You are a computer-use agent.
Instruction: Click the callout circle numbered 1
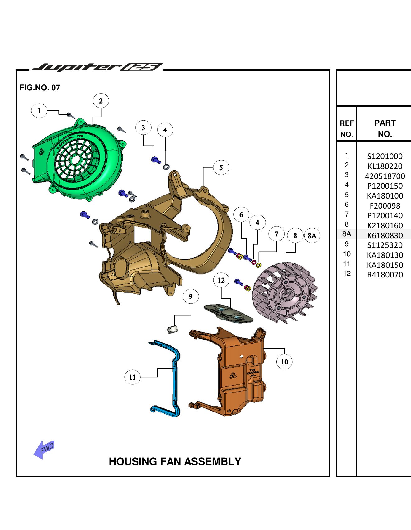click(x=39, y=111)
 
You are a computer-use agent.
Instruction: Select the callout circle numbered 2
click(x=101, y=101)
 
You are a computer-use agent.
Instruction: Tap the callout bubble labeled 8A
click(x=312, y=235)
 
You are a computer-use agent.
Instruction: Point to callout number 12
click(x=221, y=280)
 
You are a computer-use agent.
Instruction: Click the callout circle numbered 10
click(x=284, y=362)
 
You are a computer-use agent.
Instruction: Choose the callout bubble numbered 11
click(x=132, y=377)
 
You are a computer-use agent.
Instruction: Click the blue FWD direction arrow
click(x=44, y=449)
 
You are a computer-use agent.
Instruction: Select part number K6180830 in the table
click(x=385, y=235)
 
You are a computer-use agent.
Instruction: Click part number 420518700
click(x=385, y=176)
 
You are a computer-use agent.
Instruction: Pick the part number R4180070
click(x=385, y=275)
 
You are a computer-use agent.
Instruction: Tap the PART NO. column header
click(x=385, y=128)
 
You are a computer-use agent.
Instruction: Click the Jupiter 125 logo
click(x=97, y=67)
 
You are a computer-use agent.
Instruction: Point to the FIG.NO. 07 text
click(x=40, y=88)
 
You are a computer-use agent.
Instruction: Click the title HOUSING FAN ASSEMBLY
click(x=175, y=461)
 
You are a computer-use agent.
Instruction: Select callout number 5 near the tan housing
click(x=221, y=167)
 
